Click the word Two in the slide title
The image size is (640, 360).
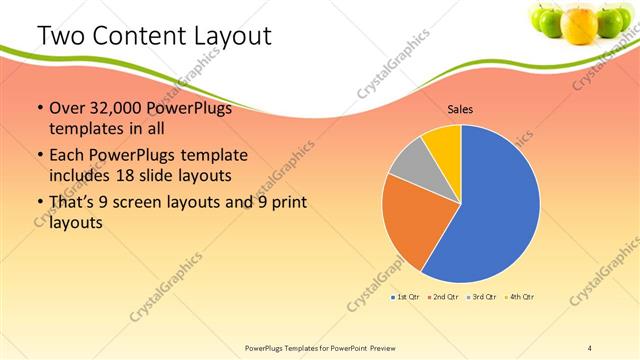(61, 37)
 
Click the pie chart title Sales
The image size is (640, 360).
(460, 109)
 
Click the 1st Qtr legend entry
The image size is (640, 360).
(405, 297)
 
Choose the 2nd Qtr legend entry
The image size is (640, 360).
(443, 297)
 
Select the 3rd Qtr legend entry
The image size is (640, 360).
(481, 297)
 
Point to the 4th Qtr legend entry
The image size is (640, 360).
(519, 297)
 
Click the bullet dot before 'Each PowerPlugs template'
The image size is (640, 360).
(39, 157)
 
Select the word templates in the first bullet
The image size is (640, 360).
(84, 129)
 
